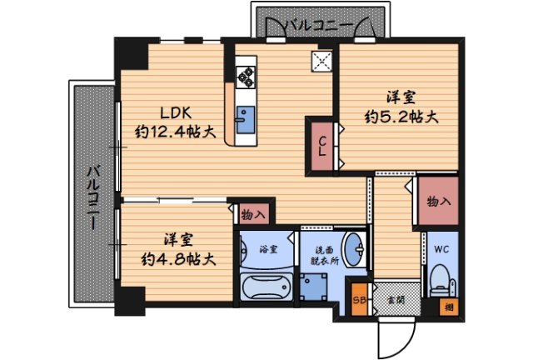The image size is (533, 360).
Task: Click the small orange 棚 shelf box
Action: point(449,309)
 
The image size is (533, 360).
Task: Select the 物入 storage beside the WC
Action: point(438,201)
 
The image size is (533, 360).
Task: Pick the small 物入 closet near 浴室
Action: point(253,214)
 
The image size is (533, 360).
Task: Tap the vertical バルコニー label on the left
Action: point(94,197)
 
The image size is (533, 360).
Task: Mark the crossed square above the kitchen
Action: point(321,62)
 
